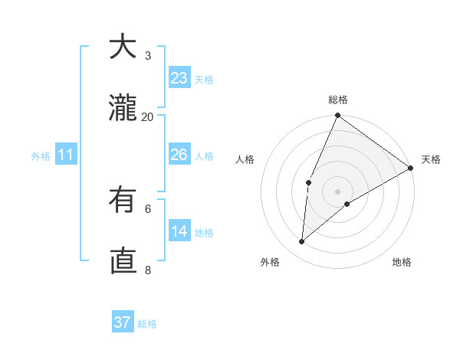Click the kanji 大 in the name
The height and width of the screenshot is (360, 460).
coord(123,47)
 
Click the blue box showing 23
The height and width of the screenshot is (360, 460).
coord(179,78)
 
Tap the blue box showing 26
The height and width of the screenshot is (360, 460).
coord(179,155)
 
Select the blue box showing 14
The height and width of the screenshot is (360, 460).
coord(179,231)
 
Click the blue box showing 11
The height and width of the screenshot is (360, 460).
coord(65,155)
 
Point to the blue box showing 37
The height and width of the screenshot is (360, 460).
coord(122,322)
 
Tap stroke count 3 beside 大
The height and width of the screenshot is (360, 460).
coord(148,55)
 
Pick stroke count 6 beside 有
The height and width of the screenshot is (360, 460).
coord(148,208)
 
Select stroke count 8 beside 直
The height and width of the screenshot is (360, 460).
coord(148,270)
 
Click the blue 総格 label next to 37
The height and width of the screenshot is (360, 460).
coord(147,324)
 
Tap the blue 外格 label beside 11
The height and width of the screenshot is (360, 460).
coord(41,156)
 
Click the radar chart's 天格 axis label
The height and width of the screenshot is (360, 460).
coord(431,159)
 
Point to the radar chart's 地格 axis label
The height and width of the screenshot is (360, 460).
coord(402,263)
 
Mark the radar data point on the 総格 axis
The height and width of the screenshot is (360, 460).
coord(337,116)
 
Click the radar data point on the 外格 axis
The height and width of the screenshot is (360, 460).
coord(302,242)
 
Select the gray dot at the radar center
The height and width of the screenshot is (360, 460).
coord(337,191)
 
